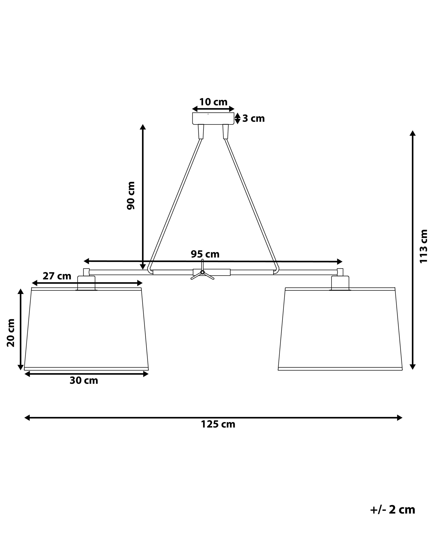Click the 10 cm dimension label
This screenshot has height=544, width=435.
(213, 102)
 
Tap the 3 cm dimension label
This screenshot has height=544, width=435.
(253, 119)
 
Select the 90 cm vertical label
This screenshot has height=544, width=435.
(131, 195)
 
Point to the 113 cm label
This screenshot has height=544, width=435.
(423, 246)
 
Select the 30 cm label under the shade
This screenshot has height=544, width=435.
(84, 380)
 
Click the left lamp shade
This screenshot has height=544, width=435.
(86, 328)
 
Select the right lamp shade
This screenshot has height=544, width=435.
(340, 328)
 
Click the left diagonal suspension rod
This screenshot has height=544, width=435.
(176, 204)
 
